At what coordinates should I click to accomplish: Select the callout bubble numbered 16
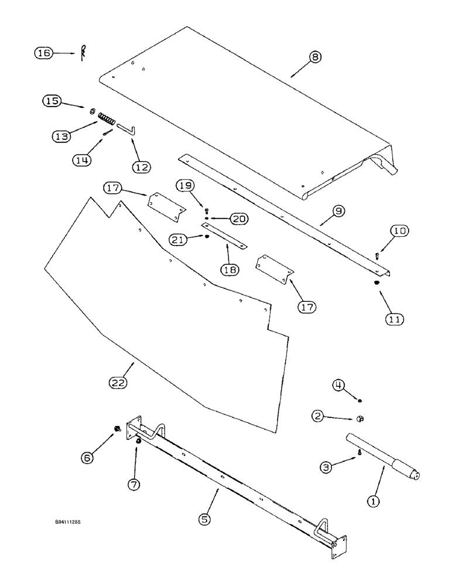click(x=43, y=53)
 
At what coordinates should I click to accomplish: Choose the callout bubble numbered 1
click(x=371, y=501)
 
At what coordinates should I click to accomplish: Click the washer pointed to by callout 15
click(x=93, y=111)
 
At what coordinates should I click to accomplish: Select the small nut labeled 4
click(x=360, y=400)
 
